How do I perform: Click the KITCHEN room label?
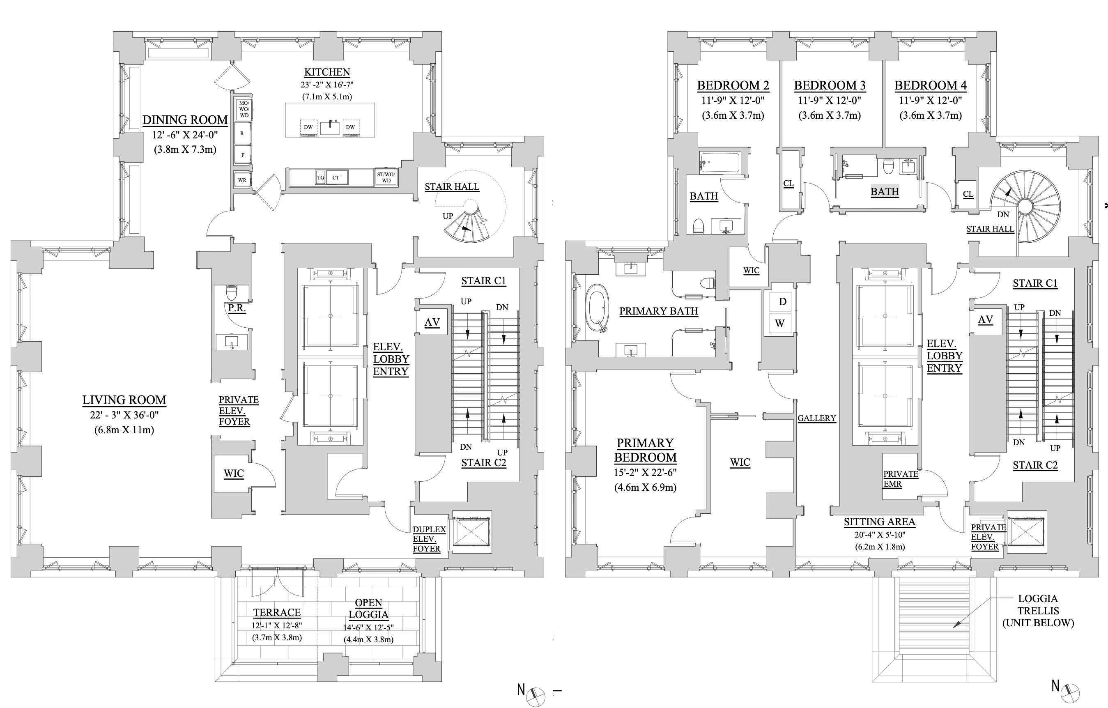point(327,72)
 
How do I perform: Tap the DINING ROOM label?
point(185,120)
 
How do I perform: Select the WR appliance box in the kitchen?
point(242,180)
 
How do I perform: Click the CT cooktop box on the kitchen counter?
point(336,177)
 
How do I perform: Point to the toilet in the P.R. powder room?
point(232,292)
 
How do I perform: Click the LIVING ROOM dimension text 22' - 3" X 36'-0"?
point(124,415)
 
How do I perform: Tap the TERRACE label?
point(276,612)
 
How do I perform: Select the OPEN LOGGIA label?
point(368,608)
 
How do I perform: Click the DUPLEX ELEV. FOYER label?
point(429,539)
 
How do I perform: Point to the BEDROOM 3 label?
point(830,85)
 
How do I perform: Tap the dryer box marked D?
point(782,302)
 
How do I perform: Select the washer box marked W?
point(779,324)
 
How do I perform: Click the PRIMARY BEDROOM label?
point(645,450)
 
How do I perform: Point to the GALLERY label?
point(817,418)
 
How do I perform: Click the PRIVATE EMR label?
point(900,479)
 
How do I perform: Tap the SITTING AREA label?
point(879,522)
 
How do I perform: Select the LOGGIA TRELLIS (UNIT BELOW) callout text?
point(1038,611)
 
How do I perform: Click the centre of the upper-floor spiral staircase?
point(1025,207)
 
